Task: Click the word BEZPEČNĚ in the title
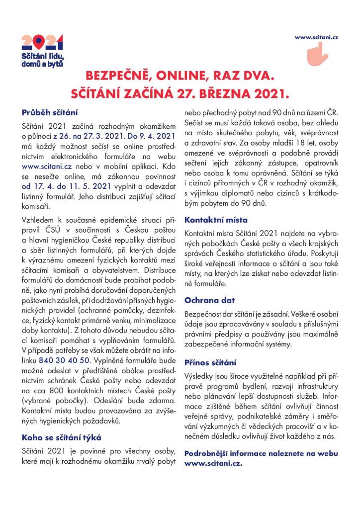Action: tap(117, 77)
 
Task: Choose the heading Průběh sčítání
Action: tap(49, 112)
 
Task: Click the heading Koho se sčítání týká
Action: tap(61, 437)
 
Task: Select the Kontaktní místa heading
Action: tap(216, 219)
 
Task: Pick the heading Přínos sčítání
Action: tap(210, 363)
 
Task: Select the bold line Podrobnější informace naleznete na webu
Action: tap(261, 453)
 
